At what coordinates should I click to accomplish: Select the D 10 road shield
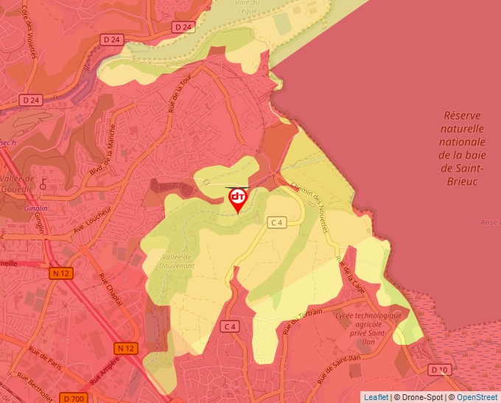coord(439,369)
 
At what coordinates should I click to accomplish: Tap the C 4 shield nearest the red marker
coord(276,222)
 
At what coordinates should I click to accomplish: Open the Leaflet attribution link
coord(376,397)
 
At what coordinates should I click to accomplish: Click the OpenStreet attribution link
coord(477,397)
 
